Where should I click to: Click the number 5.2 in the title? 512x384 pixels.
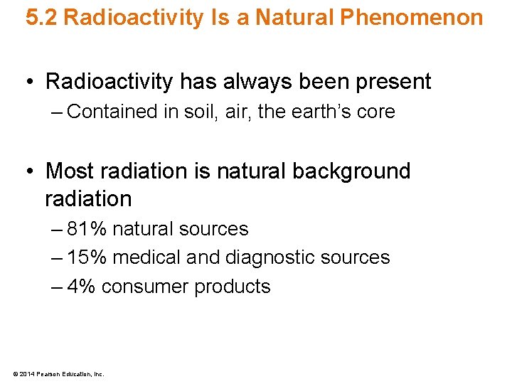point(42,18)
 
